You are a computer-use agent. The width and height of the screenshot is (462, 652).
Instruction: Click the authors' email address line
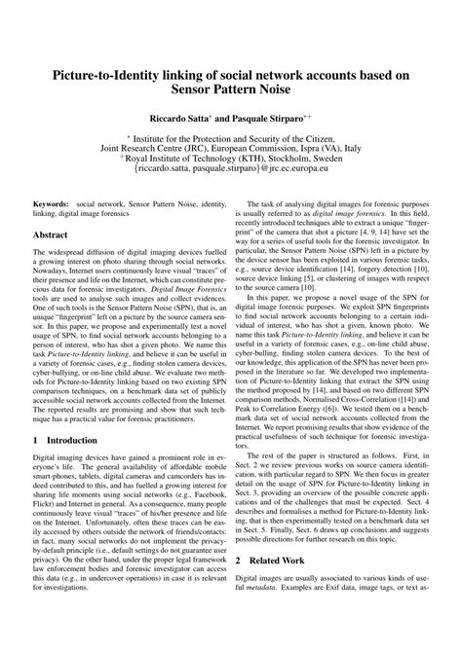231,177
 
